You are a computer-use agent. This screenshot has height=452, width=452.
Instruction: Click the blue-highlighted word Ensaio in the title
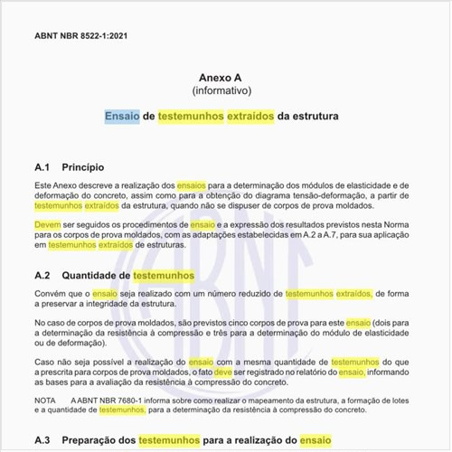click(122, 117)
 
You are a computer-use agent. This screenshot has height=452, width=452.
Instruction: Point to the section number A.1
click(43, 167)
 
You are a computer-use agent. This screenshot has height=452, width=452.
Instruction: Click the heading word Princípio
click(83, 167)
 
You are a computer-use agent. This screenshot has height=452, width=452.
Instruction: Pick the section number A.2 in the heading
click(43, 275)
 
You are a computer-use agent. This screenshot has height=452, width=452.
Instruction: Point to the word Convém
click(52, 294)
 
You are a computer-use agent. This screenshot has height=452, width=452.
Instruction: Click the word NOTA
click(45, 400)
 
